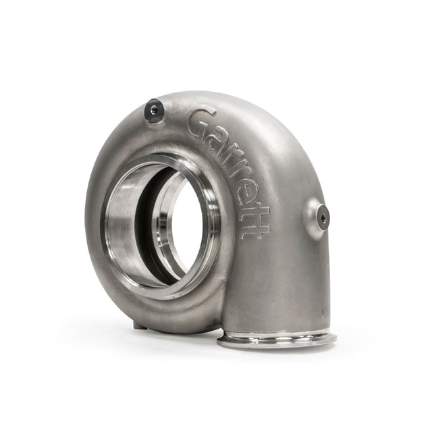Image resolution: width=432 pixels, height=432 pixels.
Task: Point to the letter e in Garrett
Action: [x=244, y=194]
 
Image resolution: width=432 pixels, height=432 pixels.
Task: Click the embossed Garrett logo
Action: [x=230, y=173]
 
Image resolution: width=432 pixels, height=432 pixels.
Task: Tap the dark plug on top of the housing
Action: [x=155, y=110]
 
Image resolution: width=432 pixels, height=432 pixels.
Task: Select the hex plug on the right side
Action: [x=323, y=217]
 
